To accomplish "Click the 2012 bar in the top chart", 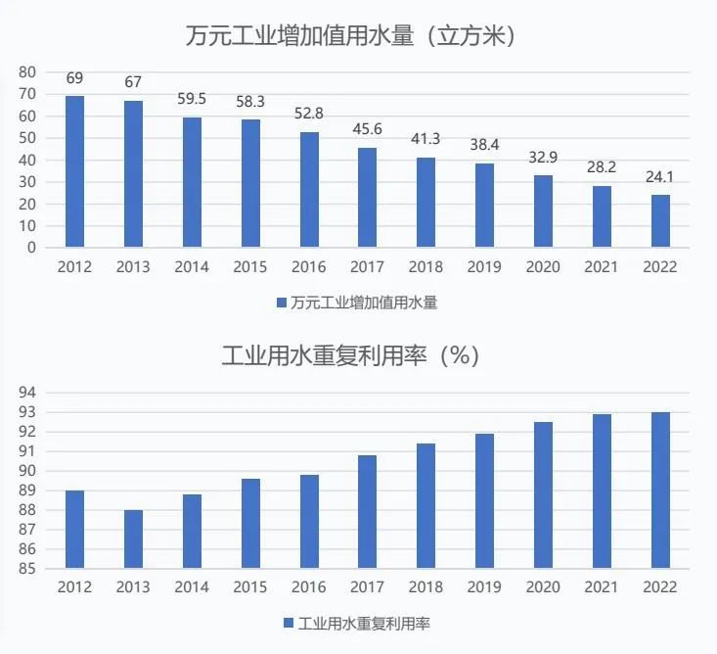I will [74, 171].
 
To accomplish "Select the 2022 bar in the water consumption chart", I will [660, 220].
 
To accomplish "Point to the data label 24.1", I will [660, 177].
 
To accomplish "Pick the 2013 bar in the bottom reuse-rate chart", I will [133, 538].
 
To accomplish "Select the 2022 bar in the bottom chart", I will [660, 490].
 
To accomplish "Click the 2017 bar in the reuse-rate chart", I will [368, 511].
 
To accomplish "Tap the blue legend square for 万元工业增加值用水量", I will [281, 303].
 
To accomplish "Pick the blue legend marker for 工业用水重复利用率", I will [289, 623].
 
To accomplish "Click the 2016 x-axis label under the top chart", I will [309, 267].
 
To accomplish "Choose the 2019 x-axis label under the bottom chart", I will [485, 587].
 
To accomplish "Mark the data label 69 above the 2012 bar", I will [74, 77].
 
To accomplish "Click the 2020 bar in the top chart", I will [543, 211].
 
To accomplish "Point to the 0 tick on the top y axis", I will [31, 248].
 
